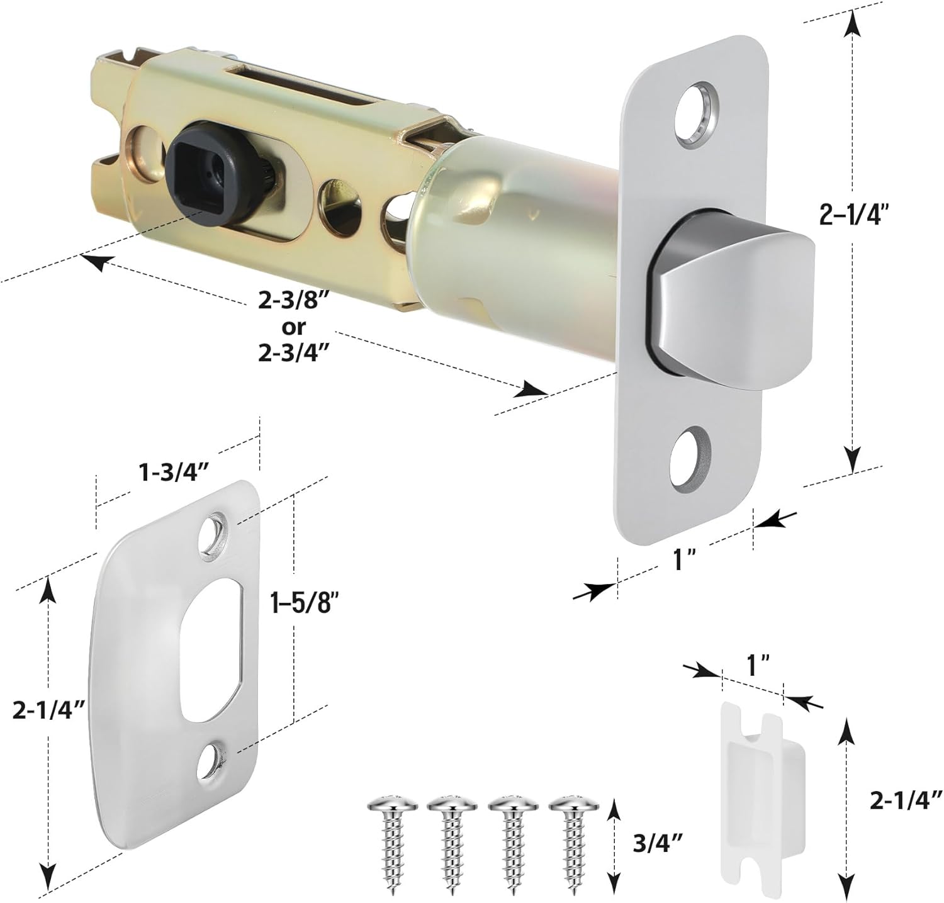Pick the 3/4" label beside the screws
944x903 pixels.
(x=655, y=840)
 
